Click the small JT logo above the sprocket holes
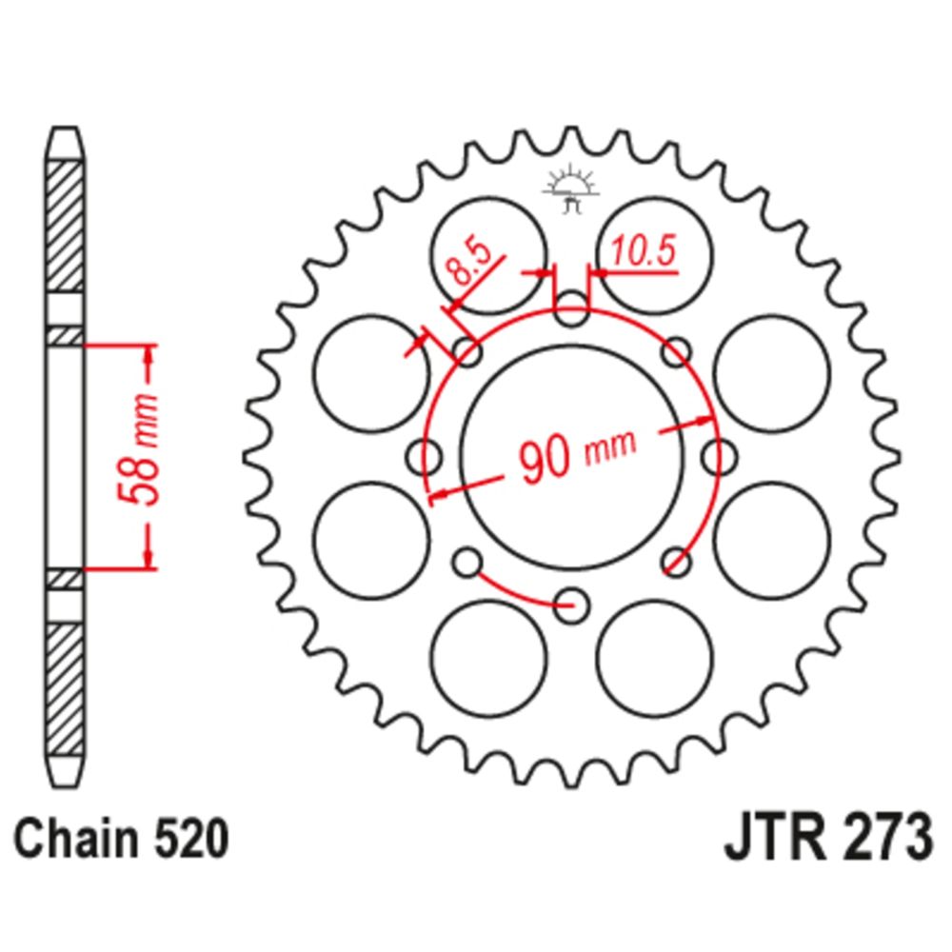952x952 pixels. pyautogui.click(x=570, y=188)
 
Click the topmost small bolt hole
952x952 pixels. pyautogui.click(x=570, y=308)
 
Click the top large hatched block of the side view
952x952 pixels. pyautogui.click(x=66, y=226)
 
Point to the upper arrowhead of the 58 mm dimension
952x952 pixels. pyautogui.click(x=148, y=353)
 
